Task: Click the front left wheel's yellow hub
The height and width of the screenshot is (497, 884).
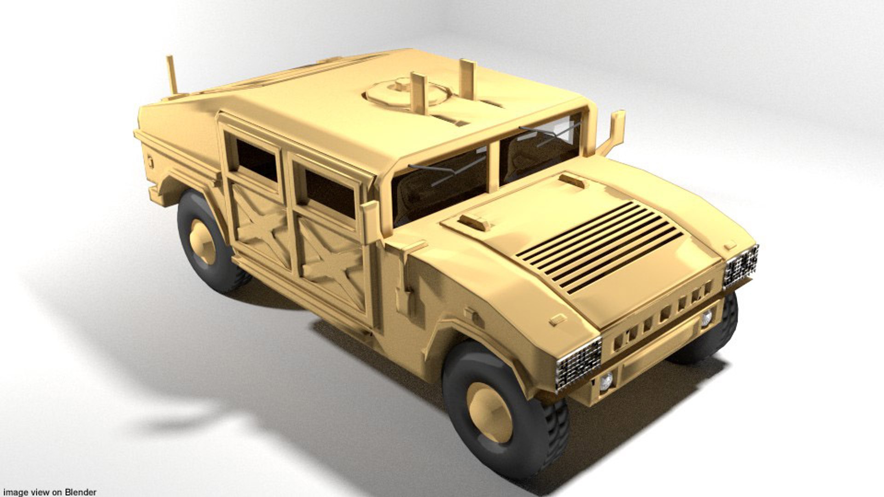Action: click(x=489, y=412)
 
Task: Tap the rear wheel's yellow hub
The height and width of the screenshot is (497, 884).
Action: click(x=203, y=242)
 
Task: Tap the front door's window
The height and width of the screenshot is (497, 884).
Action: click(x=330, y=193)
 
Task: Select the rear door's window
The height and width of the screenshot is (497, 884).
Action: click(x=256, y=160)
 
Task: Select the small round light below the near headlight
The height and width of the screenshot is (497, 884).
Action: click(x=606, y=380)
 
